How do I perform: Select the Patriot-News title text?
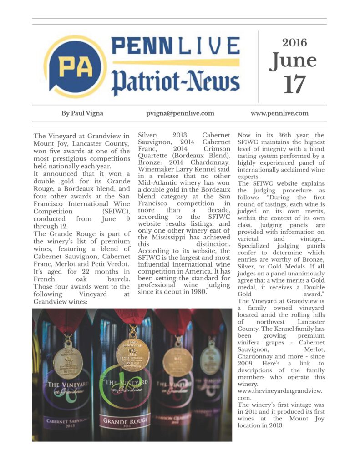pyautogui.click(x=175, y=81)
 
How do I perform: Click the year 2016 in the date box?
pyautogui.click(x=294, y=43)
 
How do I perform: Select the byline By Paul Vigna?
pyautogui.click(x=82, y=113)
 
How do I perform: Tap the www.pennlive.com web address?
pyautogui.click(x=279, y=113)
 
